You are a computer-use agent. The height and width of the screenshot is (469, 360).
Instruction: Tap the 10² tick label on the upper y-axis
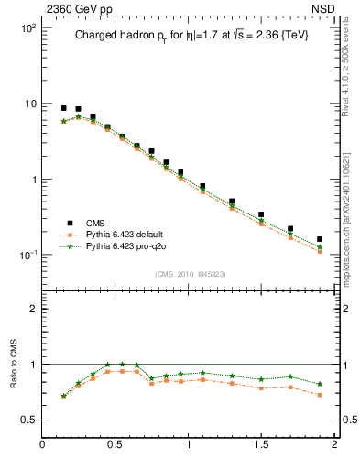[27, 28]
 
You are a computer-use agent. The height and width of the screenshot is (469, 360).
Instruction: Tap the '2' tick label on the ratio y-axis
[33, 309]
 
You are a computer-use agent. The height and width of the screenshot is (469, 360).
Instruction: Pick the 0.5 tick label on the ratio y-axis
[29, 420]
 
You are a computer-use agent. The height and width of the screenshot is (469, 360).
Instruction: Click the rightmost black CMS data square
[320, 239]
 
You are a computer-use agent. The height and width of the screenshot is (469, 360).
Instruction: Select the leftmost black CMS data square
[63, 108]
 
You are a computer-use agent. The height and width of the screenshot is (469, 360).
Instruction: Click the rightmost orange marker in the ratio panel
[320, 395]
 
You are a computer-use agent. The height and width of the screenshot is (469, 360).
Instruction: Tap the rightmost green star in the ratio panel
[320, 384]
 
